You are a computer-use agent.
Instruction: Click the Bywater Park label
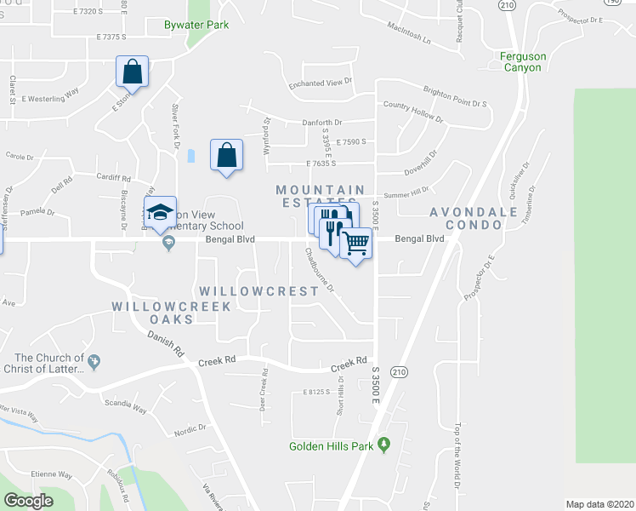[197, 25]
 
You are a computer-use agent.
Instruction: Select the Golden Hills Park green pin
[384, 444]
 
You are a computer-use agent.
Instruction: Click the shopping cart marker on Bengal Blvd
[356, 244]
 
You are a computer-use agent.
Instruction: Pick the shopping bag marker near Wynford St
[226, 156]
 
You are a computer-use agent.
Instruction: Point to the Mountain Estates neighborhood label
[321, 197]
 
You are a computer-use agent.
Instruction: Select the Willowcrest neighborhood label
[259, 291]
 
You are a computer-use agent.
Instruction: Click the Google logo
[29, 501]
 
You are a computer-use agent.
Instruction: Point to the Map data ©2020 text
[599, 504]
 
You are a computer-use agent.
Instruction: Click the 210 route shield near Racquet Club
[507, 5]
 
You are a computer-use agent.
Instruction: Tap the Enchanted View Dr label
[320, 82]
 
